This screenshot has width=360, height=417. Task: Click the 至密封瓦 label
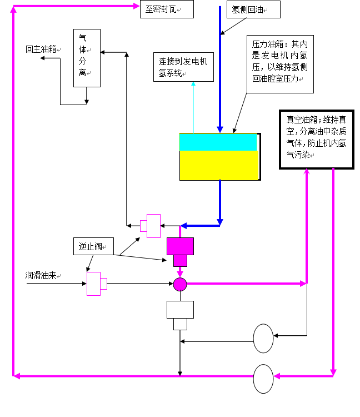pos(166,9)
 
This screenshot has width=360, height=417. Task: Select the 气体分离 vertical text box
pos(87,58)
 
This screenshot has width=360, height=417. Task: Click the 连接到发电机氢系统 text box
pos(183,67)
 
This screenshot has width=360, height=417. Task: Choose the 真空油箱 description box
pos(316,139)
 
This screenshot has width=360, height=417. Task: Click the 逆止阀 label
pos(93,246)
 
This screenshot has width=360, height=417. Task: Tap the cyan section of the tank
pos(218,142)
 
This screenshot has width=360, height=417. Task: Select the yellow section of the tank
pos(219,166)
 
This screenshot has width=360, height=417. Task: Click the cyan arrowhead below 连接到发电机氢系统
pos(193,85)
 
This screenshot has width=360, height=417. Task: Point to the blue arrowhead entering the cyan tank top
pos(220,130)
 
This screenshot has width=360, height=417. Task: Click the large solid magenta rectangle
pos(180,246)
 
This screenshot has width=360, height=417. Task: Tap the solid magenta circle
pos(180,284)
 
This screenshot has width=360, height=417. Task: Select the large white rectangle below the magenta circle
pos(180,310)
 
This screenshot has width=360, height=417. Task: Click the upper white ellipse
pos(263,338)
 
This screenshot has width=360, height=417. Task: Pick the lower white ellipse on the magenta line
pos(263,379)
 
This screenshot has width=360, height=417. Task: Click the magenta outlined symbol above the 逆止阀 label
pos(151,226)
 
